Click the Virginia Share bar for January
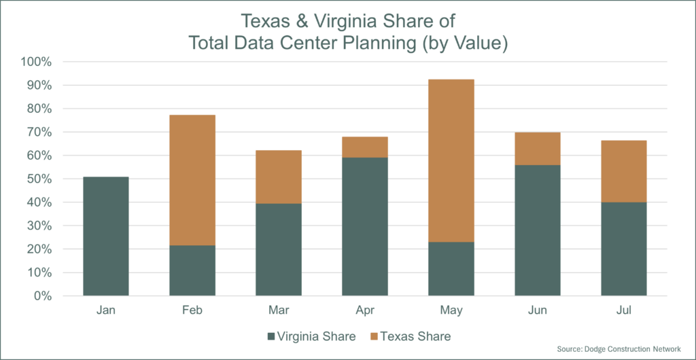[105, 236]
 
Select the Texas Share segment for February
[192, 180]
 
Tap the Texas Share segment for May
[451, 160]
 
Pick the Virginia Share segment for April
[364, 227]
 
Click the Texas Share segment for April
[364, 147]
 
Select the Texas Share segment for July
[623, 171]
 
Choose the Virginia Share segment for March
[278, 249]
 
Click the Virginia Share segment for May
[451, 269]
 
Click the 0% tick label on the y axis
[43, 296]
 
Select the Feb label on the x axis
[192, 310]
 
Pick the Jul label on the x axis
[623, 310]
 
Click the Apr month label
[364, 310]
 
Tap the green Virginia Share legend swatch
[272, 336]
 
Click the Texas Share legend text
[415, 336]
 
